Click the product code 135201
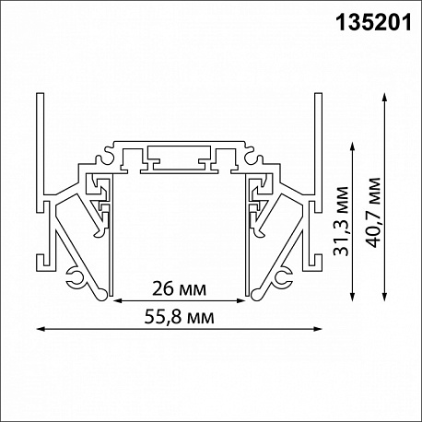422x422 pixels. [x=373, y=23]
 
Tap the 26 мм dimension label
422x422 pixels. [x=179, y=289]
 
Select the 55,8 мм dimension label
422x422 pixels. [x=179, y=317]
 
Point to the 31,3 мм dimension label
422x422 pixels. [x=342, y=221]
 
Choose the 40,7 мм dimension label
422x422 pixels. [x=373, y=212]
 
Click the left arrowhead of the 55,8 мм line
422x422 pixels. [x=41, y=329]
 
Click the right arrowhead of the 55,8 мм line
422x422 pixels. [x=318, y=329]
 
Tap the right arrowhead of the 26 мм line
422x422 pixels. [x=241, y=300]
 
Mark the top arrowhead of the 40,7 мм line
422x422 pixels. [x=384, y=97]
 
